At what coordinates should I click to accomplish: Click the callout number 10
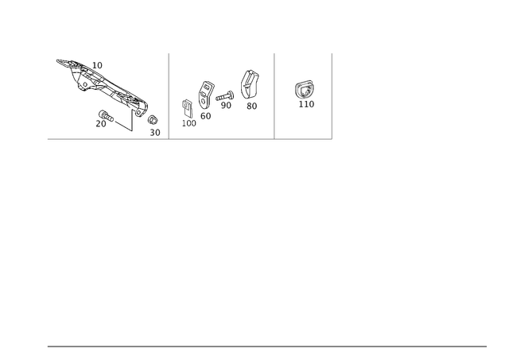[97, 65]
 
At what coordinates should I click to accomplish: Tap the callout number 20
[101, 124]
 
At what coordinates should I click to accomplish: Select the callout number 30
[155, 133]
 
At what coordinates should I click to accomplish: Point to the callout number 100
[189, 123]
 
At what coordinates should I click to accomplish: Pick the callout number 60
[205, 116]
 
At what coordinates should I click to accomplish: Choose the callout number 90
[226, 106]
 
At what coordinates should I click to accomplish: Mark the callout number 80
[251, 106]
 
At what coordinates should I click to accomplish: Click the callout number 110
[306, 104]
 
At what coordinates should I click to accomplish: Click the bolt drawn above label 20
[106, 116]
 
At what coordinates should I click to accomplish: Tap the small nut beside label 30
[153, 120]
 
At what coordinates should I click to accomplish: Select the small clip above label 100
[188, 108]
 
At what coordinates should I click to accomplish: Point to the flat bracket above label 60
[206, 95]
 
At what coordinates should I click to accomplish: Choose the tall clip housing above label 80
[249, 84]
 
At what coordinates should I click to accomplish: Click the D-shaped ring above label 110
[304, 90]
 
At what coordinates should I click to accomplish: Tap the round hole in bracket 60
[204, 101]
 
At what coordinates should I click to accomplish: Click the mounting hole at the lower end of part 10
[139, 113]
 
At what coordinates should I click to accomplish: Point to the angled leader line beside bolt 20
[124, 126]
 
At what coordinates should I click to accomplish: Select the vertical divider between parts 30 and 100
[169, 96]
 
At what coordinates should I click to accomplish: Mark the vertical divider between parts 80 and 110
[274, 96]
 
